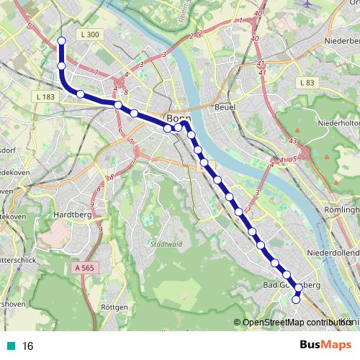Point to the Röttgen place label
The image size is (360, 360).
(x=114, y=307)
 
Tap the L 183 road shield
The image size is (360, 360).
(x=43, y=96)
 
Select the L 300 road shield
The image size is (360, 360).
(x=91, y=34)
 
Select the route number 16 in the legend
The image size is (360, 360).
(x=28, y=346)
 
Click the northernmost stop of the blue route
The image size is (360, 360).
(x=61, y=41)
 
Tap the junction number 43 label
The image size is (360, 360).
(x=292, y=141)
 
